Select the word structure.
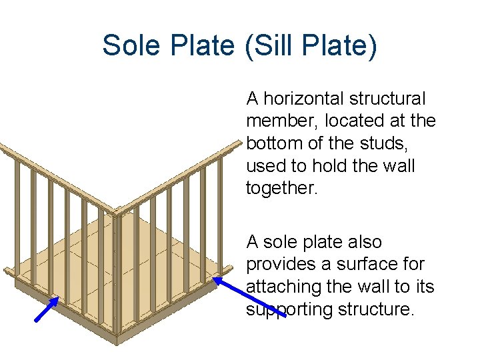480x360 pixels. click(379, 310)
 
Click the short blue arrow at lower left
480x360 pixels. click(51, 309)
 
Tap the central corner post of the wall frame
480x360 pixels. click(116, 273)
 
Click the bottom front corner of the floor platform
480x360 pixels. click(117, 340)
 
